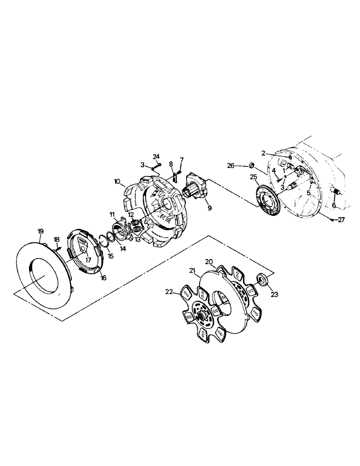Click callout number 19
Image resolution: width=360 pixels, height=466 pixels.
41,232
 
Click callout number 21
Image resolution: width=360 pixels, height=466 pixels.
193,270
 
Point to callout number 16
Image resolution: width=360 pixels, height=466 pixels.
103,278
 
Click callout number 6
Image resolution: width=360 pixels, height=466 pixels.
334,205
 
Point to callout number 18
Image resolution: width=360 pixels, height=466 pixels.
57,240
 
